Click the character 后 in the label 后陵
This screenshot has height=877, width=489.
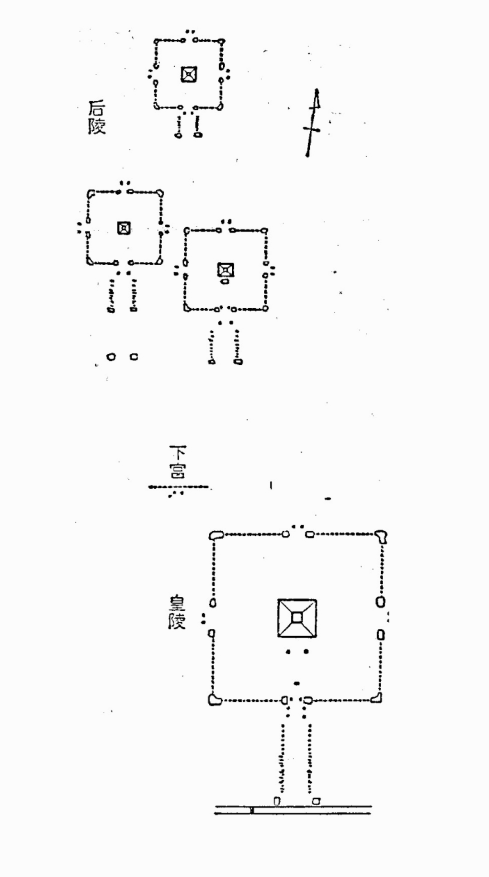[96, 109]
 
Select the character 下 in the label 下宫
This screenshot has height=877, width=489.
[177, 453]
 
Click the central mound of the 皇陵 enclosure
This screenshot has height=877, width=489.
[297, 618]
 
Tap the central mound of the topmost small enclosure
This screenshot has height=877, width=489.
[189, 74]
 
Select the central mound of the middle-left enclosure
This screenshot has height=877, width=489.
[124, 227]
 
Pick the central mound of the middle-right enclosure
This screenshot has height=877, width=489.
[225, 270]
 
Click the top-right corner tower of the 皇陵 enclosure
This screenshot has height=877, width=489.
[381, 537]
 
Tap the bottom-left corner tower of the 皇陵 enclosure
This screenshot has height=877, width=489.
[214, 700]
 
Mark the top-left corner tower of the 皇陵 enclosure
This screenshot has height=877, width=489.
[216, 535]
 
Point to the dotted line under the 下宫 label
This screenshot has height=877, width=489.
[178, 487]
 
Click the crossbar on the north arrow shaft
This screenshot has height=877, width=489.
[312, 129]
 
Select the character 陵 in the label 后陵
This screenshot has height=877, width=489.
[96, 125]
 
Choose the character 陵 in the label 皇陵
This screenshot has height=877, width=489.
[177, 621]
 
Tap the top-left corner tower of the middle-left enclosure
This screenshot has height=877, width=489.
[91, 193]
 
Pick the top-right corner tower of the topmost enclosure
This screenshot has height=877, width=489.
[221, 42]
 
